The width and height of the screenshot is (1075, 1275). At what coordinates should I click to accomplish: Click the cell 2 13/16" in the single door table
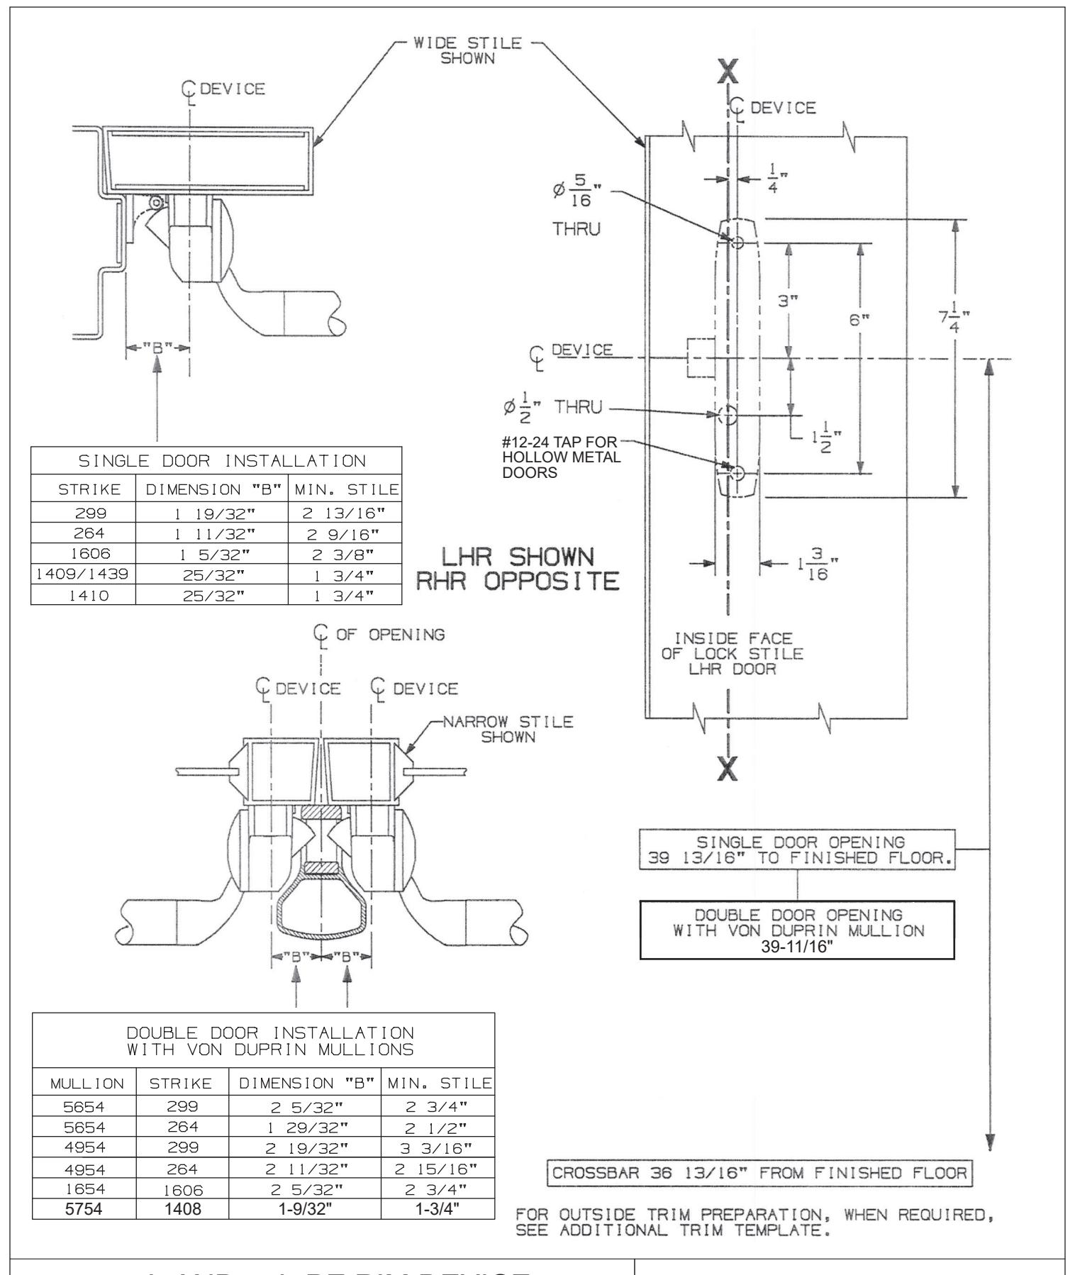(x=345, y=513)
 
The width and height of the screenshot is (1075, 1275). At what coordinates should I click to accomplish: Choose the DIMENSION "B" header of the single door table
(x=211, y=489)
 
